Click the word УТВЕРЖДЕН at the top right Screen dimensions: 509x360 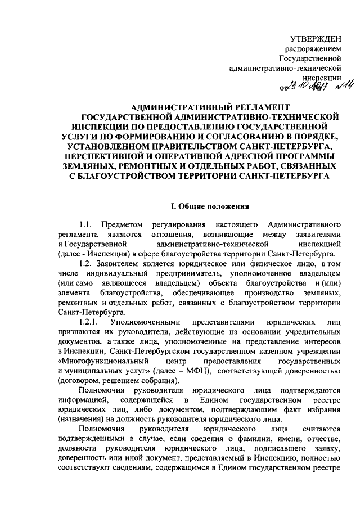pos(316,38)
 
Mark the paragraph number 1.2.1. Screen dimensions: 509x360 pos(91,323)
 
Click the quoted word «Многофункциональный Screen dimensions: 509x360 pos(103,362)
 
